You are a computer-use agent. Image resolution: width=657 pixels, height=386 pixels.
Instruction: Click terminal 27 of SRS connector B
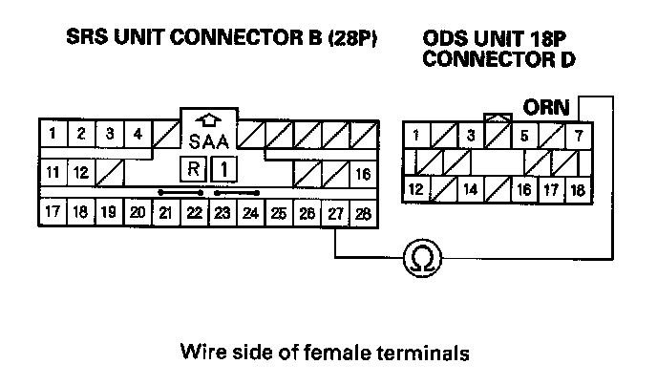(x=335, y=212)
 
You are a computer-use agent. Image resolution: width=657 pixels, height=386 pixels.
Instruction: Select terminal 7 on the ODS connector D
(x=578, y=134)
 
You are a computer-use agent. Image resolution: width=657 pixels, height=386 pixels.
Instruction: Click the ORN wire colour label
(x=545, y=108)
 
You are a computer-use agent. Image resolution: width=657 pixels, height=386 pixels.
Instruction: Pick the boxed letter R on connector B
(x=194, y=169)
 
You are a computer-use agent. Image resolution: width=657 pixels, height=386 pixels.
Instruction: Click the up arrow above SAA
(x=208, y=121)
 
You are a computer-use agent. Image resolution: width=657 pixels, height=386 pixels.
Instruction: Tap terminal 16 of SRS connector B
(x=362, y=174)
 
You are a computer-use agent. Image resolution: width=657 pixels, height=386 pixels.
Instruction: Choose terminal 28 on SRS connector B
(x=362, y=212)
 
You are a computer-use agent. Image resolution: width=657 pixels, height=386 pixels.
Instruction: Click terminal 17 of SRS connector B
(x=54, y=212)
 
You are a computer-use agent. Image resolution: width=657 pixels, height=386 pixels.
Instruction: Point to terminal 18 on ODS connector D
(x=578, y=189)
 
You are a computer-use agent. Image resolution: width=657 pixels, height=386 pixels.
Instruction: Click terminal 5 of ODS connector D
(x=524, y=134)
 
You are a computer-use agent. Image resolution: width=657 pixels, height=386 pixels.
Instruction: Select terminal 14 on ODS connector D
(x=471, y=189)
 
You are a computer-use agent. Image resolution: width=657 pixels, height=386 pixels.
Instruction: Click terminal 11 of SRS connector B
(x=54, y=174)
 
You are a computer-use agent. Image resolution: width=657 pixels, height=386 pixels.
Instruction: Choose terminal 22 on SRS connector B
(x=194, y=212)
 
